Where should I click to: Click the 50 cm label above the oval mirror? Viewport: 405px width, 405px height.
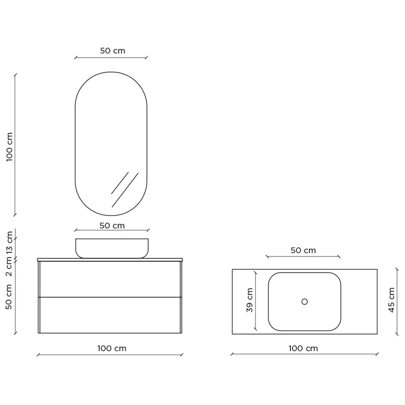click(113, 50)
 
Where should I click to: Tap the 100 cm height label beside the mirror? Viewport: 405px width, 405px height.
click(9, 146)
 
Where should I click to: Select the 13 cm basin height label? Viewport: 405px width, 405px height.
click(9, 245)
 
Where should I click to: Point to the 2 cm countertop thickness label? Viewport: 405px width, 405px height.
click(9, 268)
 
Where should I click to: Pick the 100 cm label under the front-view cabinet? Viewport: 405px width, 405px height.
click(112, 348)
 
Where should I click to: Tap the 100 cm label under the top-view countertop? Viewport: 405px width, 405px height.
click(303, 348)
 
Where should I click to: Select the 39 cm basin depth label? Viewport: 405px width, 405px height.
click(250, 300)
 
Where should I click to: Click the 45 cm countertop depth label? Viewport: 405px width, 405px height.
click(391, 300)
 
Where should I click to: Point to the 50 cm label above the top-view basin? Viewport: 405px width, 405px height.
click(303, 250)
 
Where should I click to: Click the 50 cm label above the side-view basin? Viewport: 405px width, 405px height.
click(112, 226)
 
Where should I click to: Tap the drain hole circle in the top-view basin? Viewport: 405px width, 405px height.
click(304, 301)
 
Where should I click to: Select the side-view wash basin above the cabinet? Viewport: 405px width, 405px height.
click(112, 248)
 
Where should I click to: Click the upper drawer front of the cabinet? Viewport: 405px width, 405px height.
click(110, 279)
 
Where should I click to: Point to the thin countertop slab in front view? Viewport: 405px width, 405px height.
click(110, 259)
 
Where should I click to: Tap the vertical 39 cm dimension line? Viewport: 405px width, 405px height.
click(255, 301)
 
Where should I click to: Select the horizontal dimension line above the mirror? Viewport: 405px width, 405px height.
click(111, 57)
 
